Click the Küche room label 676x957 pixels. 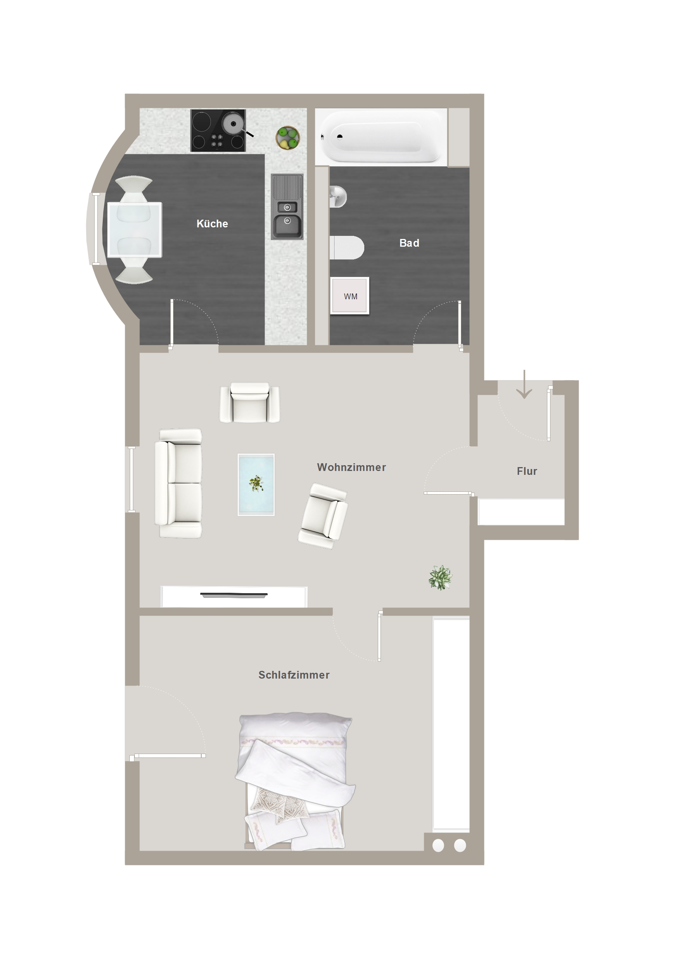[212, 224]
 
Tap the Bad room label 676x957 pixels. [409, 243]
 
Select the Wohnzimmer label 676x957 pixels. [351, 467]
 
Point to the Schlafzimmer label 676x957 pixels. [294, 675]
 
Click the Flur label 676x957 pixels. [527, 471]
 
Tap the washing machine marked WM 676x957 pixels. [350, 295]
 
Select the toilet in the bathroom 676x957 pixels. [346, 247]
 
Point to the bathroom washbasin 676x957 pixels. [338, 196]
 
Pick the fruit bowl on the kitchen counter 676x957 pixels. [287, 138]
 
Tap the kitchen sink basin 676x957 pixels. [287, 225]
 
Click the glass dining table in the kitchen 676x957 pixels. [134, 230]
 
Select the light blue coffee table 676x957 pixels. [256, 485]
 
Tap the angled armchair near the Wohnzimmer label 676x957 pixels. [323, 516]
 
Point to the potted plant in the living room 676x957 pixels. [440, 578]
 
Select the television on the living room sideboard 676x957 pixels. [234, 595]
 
